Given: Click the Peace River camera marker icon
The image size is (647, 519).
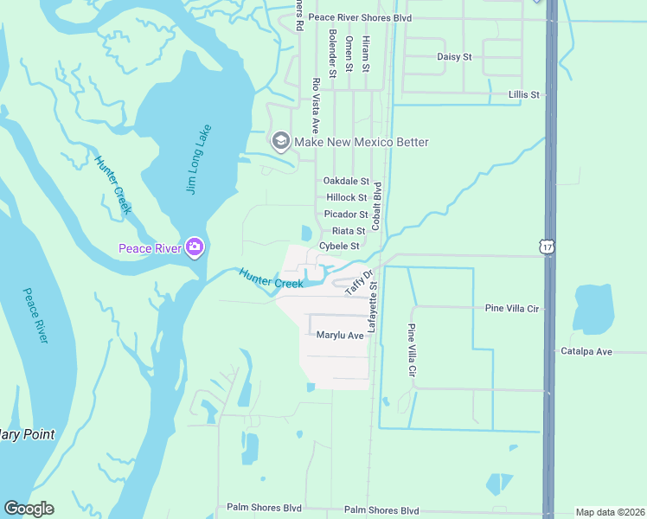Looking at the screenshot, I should coord(195,248).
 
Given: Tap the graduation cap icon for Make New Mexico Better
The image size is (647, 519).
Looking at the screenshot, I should coord(280,141).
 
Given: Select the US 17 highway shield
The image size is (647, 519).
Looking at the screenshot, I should coord(547,247).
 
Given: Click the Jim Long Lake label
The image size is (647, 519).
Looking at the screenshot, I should coord(200,158).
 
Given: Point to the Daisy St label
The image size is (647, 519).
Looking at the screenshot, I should coord(454,57).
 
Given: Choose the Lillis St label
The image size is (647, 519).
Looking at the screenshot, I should coord(524,94).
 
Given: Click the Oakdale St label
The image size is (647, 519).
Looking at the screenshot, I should coord(346,182).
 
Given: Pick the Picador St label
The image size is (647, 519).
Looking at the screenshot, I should coord(346,215).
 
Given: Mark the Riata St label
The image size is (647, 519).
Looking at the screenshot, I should coord(349,231).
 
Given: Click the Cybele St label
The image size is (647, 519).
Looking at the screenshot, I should coord(339,247).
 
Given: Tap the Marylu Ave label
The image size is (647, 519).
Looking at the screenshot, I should coord(340,335).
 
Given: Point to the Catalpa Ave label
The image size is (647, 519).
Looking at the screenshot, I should coord(586,352).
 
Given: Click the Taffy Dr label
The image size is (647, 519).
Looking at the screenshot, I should coord(353,282).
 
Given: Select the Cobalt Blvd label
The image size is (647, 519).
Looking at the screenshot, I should coord(376,205).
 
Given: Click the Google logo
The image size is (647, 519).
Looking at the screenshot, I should coord(29,509).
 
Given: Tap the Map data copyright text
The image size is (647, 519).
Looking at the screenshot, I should coord(609,511).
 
